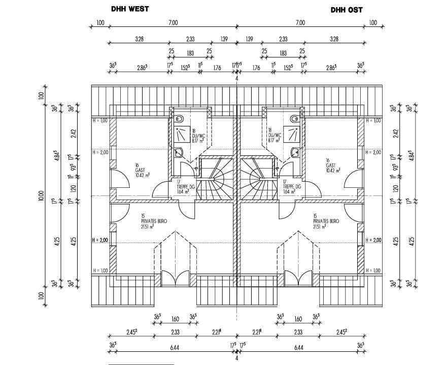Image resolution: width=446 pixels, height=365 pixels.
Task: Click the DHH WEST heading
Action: coord(129,9)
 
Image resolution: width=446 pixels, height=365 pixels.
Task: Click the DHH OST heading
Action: coord(347,10)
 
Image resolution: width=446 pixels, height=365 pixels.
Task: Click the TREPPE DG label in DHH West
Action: coord(183,186)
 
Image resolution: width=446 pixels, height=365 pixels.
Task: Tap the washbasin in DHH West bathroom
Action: coord(179,152)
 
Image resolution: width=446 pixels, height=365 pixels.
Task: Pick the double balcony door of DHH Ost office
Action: coord(298,278)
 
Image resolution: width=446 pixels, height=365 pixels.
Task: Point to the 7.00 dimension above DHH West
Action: coord(173,22)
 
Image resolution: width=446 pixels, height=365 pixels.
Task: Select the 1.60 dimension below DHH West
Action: coord(175,319)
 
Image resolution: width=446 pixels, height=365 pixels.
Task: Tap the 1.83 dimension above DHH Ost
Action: coord(283,53)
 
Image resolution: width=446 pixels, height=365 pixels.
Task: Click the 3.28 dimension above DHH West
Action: coord(139,39)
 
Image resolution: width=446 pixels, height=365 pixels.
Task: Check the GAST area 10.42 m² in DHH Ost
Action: coord(333,170)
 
